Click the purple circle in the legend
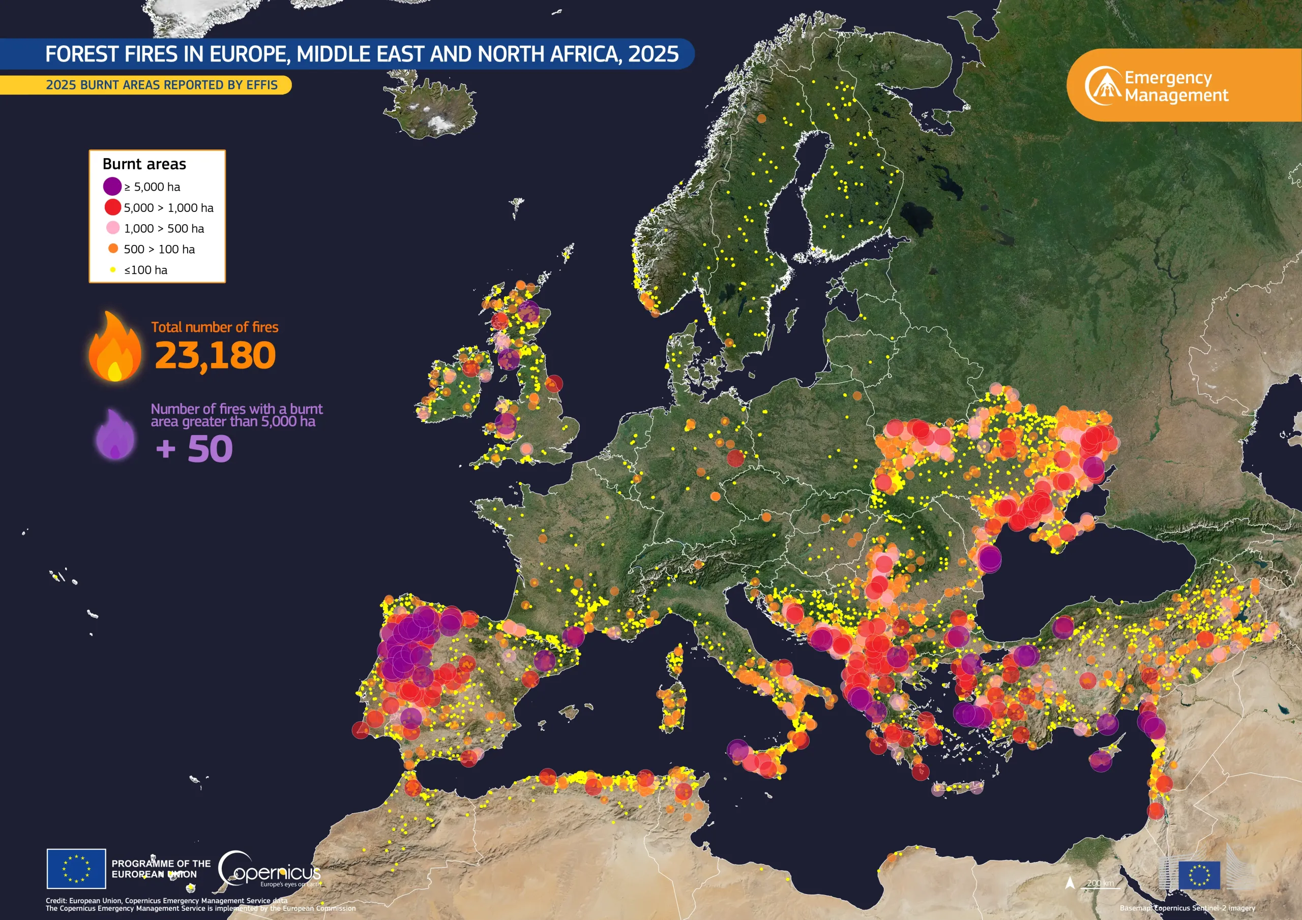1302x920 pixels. click(112, 186)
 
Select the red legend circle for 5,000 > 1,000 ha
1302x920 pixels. click(112, 207)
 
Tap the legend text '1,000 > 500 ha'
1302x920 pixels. click(164, 228)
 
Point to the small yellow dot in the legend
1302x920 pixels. click(113, 270)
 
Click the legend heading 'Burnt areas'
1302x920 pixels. click(144, 164)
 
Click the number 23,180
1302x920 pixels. click(215, 355)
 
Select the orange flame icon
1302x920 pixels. click(114, 347)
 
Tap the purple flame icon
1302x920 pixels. click(115, 435)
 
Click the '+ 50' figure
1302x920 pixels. click(194, 449)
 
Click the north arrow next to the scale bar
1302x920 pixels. click(1070, 882)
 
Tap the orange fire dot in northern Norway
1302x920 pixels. click(761, 118)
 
